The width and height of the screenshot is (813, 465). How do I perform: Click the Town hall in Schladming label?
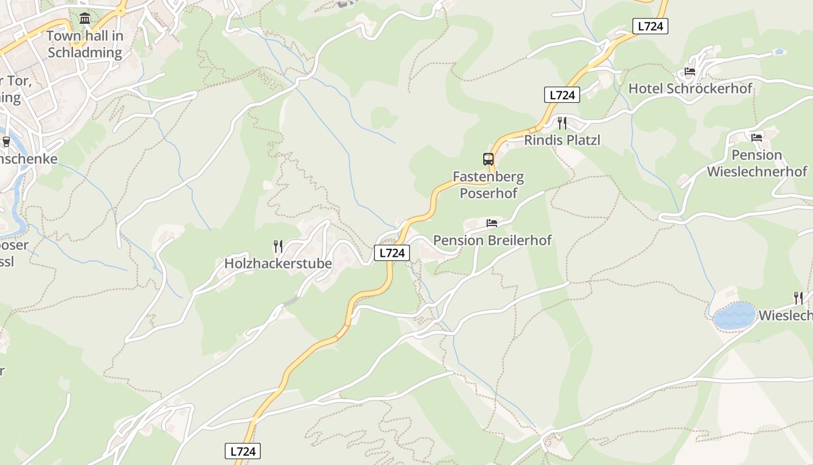point(85,44)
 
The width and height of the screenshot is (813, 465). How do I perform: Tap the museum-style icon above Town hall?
point(85,19)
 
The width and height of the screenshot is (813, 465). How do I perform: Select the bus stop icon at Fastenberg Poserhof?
point(488,159)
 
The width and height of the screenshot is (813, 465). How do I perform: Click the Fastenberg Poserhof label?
point(488,184)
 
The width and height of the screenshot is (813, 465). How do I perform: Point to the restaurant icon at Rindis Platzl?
point(562,123)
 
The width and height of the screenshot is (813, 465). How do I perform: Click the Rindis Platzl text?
point(562,140)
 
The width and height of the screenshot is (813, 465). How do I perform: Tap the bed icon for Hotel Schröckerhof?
point(689,71)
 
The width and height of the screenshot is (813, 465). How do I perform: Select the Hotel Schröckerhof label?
point(690,88)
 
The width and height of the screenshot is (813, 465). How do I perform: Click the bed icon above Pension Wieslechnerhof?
point(756,138)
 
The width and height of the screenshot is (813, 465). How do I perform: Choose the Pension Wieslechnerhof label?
point(757,163)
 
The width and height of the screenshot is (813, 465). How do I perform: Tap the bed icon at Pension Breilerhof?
point(492,223)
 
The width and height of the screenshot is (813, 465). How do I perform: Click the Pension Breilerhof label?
point(492,240)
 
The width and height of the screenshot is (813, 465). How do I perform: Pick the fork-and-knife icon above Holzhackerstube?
point(278,246)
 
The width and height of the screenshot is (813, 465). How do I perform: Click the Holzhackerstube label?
point(278,263)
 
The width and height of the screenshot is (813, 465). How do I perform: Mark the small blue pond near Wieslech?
point(735,316)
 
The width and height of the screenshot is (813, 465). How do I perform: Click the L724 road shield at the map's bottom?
point(243,451)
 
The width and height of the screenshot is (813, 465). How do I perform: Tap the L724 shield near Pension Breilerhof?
point(391,253)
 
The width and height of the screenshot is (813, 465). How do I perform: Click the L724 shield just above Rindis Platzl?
point(562,95)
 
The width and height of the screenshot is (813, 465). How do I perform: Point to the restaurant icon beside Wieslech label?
point(798,298)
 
